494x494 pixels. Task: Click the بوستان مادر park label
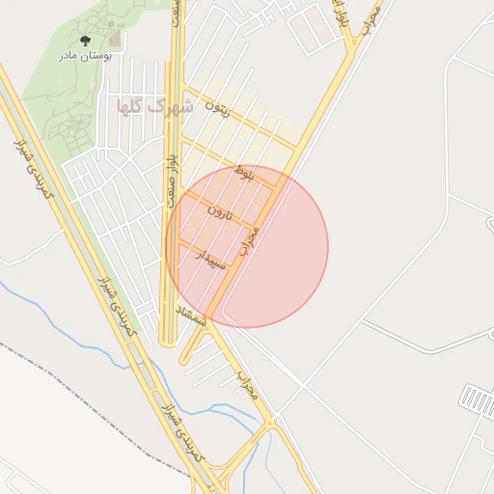point(85,56)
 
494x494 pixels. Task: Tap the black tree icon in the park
point(85,41)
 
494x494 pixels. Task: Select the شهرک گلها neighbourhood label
point(154,105)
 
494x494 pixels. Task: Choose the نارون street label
point(223,212)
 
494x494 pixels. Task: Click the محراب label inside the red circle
point(249,238)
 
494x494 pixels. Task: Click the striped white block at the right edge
point(478,398)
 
